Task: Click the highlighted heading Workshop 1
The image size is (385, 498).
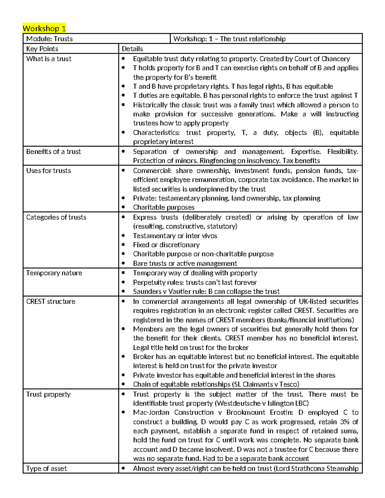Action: point(44,29)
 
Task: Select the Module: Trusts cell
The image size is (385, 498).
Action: point(49,39)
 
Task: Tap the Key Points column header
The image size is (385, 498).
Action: point(42,49)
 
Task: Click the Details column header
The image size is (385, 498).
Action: point(132,49)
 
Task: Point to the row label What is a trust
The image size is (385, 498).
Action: point(49,59)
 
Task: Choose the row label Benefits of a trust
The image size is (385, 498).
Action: point(53,152)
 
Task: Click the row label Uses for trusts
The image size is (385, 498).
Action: point(48,171)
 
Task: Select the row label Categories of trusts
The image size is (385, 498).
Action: point(56,217)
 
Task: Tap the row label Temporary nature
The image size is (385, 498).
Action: point(54,273)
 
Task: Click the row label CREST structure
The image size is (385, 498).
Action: point(51,301)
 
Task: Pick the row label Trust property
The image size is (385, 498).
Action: point(48,394)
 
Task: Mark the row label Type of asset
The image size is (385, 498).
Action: point(46,468)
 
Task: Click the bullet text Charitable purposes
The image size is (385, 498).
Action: point(164,207)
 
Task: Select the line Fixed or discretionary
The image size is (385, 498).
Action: point(166,245)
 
